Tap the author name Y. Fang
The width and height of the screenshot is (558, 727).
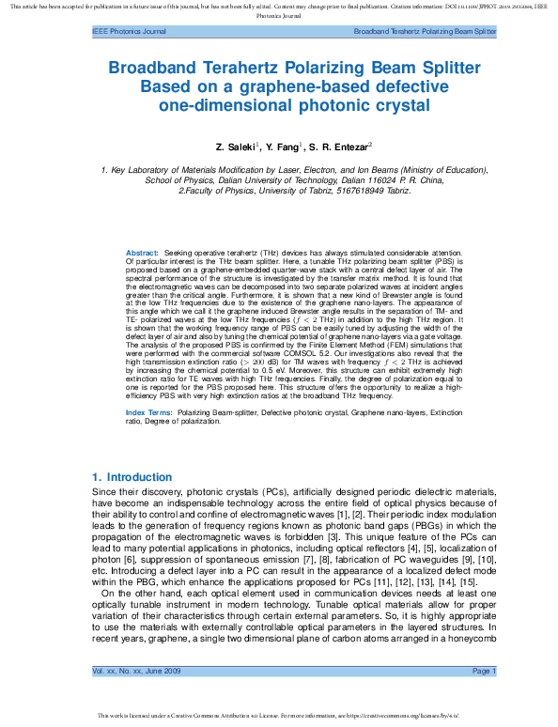tap(279, 147)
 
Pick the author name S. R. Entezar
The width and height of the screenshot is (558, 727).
tap(339, 147)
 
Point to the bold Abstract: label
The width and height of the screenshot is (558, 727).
tap(142, 254)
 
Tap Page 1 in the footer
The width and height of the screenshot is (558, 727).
tap(484, 670)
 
